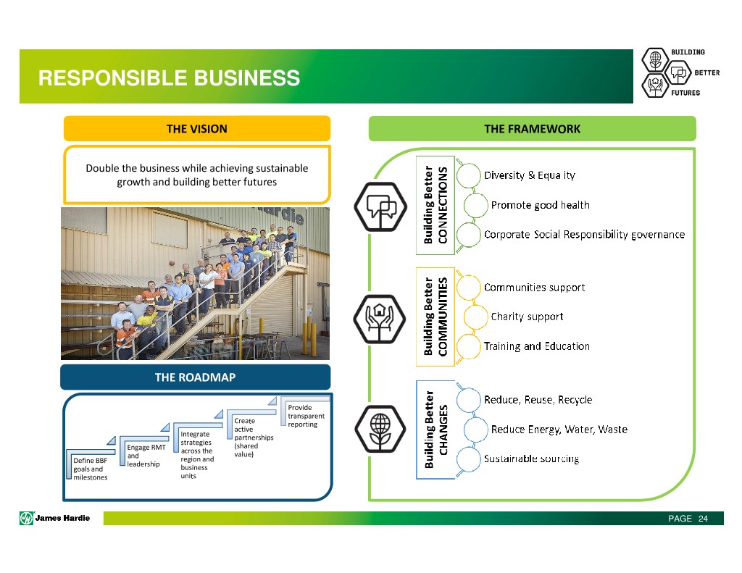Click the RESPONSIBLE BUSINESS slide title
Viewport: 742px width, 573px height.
tap(169, 78)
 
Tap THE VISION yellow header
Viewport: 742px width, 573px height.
tap(196, 129)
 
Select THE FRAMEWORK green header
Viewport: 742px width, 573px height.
tap(532, 129)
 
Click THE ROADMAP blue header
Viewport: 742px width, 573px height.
tap(195, 377)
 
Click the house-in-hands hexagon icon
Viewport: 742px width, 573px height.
tap(380, 317)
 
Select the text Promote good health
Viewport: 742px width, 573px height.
tap(540, 205)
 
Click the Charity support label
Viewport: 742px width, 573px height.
tap(527, 317)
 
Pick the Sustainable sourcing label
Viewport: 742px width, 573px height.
tap(531, 459)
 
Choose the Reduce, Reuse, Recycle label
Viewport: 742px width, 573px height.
tap(538, 400)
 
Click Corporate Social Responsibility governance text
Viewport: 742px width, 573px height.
tap(584, 235)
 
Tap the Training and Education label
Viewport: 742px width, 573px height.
tap(536, 346)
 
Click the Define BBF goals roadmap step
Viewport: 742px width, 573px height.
tap(90, 469)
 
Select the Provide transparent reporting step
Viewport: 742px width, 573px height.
tap(305, 416)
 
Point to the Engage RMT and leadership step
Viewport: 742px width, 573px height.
tap(146, 456)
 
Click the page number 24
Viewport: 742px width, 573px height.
tap(702, 519)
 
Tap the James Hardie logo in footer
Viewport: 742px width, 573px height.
tap(55, 518)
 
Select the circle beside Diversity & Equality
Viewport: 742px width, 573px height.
tap(470, 175)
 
